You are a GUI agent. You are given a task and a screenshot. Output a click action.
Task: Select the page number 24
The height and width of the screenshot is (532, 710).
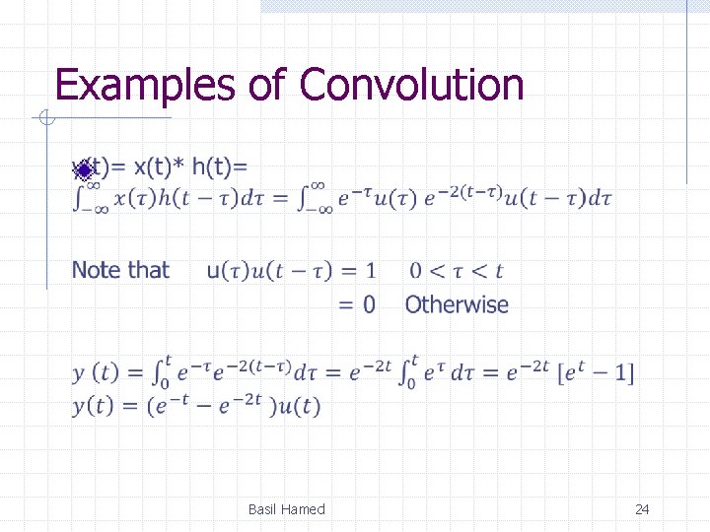642,509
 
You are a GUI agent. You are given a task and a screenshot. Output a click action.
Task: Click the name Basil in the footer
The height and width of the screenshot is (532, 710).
264,509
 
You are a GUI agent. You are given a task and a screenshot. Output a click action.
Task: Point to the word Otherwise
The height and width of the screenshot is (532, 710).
457,305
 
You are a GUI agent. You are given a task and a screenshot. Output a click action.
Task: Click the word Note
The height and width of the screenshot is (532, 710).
95,270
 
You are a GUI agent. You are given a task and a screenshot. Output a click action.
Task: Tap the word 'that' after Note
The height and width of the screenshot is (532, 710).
147,270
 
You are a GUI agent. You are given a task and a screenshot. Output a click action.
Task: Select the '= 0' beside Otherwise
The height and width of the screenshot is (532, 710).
357,305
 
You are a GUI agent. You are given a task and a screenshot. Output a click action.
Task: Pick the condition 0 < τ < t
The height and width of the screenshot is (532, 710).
456,271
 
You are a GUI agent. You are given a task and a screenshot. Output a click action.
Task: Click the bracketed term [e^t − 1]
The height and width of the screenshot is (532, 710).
596,373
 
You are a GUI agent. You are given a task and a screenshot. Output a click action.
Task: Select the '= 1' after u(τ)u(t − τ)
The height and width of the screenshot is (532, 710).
357,271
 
